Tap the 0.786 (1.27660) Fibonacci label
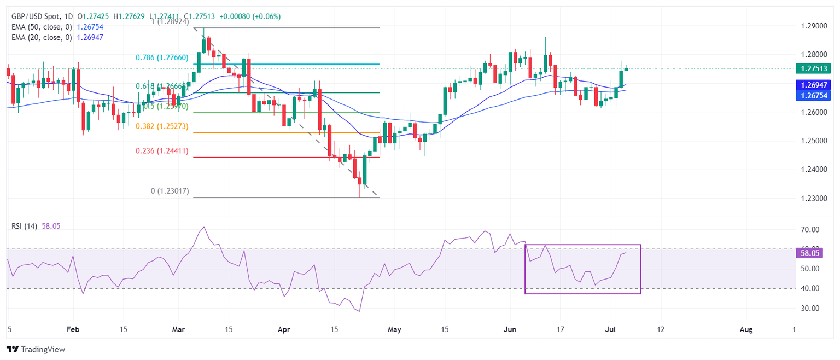[x=162, y=57]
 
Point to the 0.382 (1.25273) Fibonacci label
[x=162, y=126]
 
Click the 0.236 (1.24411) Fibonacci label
[x=162, y=151]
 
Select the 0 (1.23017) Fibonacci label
[x=162, y=191]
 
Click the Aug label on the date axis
[x=746, y=330]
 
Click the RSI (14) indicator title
[x=24, y=226]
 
